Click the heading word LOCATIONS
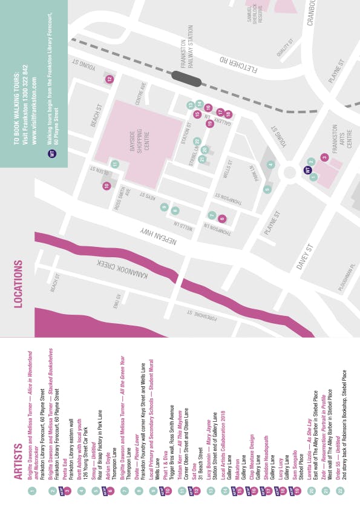point(19,284)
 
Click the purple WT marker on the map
point(307,171)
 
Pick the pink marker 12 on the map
point(110,79)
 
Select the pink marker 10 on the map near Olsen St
point(106,186)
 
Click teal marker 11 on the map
point(114,163)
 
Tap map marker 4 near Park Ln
point(271,164)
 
